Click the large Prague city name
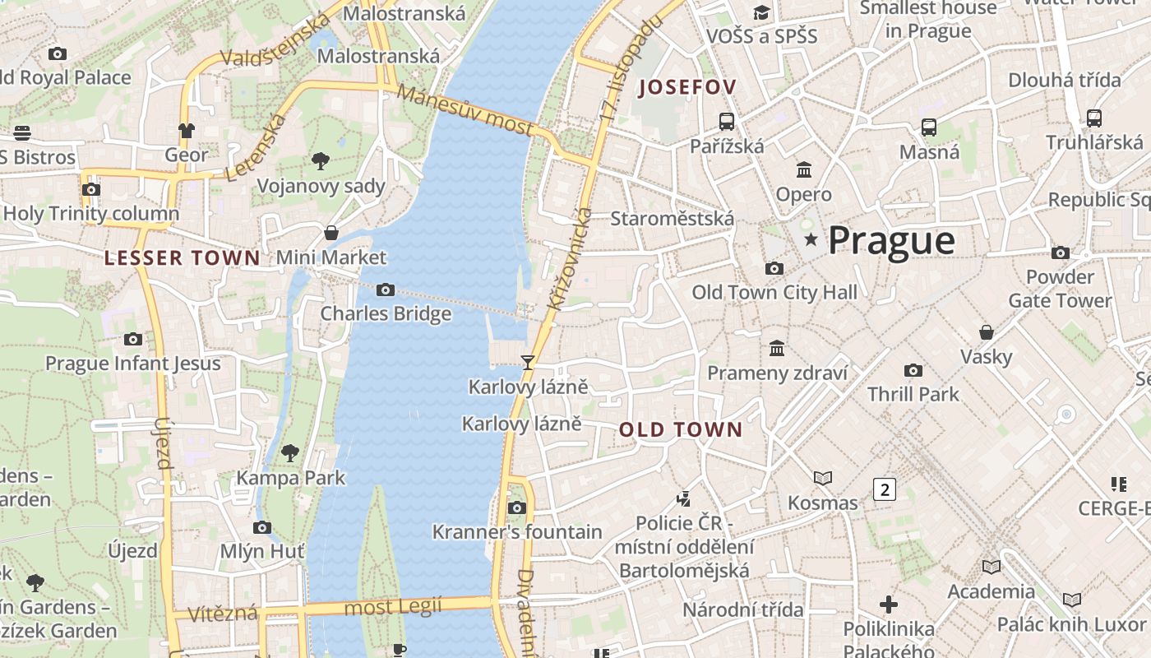pos(891,240)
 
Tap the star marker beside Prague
pos(811,239)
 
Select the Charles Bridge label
pos(386,313)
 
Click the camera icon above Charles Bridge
pos(385,290)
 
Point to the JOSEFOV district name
pos(687,86)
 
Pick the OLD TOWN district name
pos(681,429)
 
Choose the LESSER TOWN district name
pos(182,257)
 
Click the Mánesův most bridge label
pos(465,110)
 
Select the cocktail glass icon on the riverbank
pos(527,362)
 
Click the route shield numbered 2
pos(884,489)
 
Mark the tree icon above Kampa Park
pos(289,452)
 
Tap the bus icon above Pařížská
pos(727,122)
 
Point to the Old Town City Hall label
pos(774,292)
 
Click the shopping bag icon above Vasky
pos(987,332)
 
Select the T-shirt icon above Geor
pos(187,130)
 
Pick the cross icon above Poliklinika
pos(889,605)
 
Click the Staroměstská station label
pos(672,219)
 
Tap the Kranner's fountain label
pos(517,532)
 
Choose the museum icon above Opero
pos(804,169)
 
